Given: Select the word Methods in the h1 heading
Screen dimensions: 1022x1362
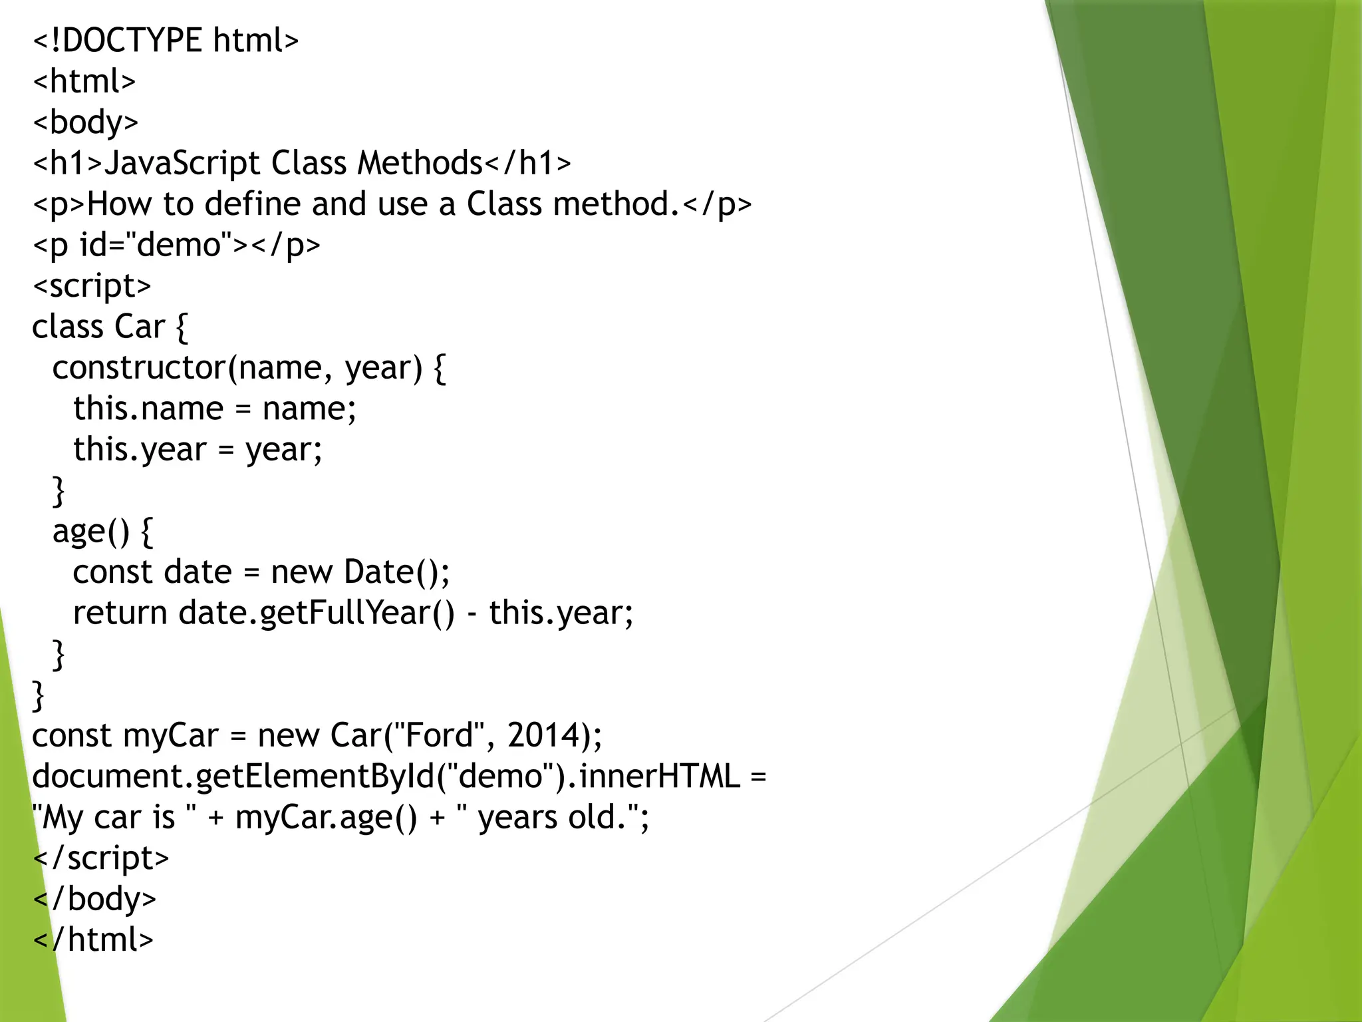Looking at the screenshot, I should coord(420,164).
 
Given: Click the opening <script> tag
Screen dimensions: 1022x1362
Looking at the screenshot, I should coord(92,286).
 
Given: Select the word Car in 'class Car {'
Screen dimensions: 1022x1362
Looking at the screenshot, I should coord(140,327).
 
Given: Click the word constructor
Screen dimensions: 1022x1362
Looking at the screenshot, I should coord(139,368).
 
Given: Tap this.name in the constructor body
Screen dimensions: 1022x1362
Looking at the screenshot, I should coord(148,409).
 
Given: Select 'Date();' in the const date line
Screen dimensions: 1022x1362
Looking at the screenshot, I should coord(396,572).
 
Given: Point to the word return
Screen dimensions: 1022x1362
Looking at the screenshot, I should coord(120,613).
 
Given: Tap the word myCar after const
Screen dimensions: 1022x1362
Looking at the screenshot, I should coord(171,736).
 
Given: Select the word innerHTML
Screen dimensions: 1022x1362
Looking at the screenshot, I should coord(659,776).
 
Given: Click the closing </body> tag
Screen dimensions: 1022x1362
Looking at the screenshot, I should coord(94,900).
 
